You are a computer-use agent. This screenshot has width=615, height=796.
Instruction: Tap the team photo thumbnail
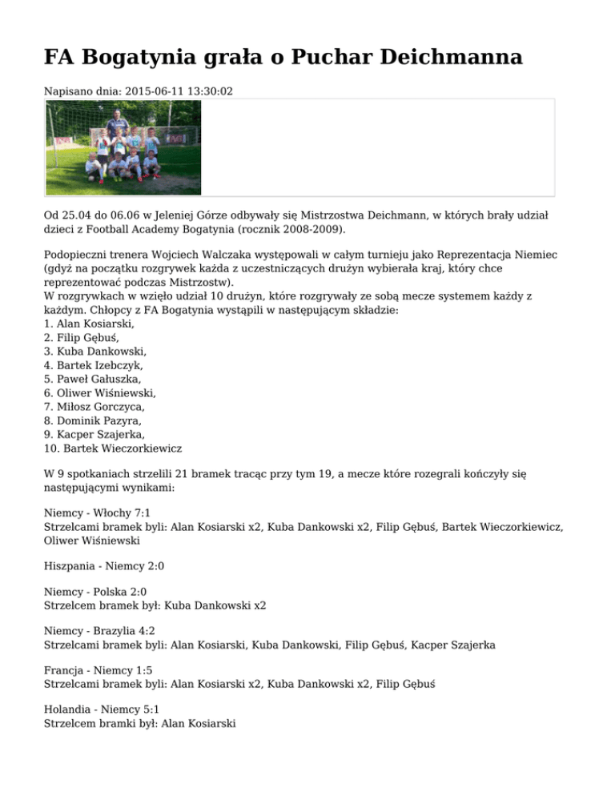pyautogui.click(x=123, y=147)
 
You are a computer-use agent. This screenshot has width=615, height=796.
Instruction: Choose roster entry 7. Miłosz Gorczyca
pyautogui.click(x=94, y=407)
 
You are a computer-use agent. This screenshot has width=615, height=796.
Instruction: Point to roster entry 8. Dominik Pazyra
pyautogui.click(x=90, y=420)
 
